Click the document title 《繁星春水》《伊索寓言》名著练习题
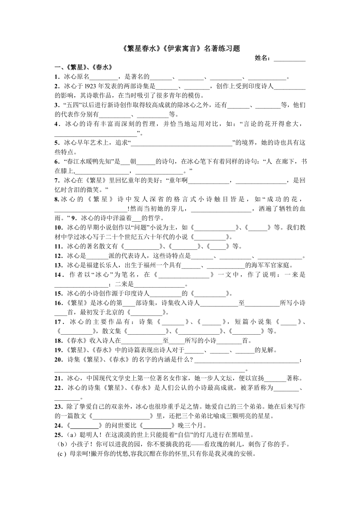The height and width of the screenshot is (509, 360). coord(180,49)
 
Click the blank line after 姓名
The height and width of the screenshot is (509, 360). coord(290,59)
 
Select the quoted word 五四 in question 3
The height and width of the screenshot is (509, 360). coord(70,105)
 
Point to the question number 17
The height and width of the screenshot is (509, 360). coord(58,322)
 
